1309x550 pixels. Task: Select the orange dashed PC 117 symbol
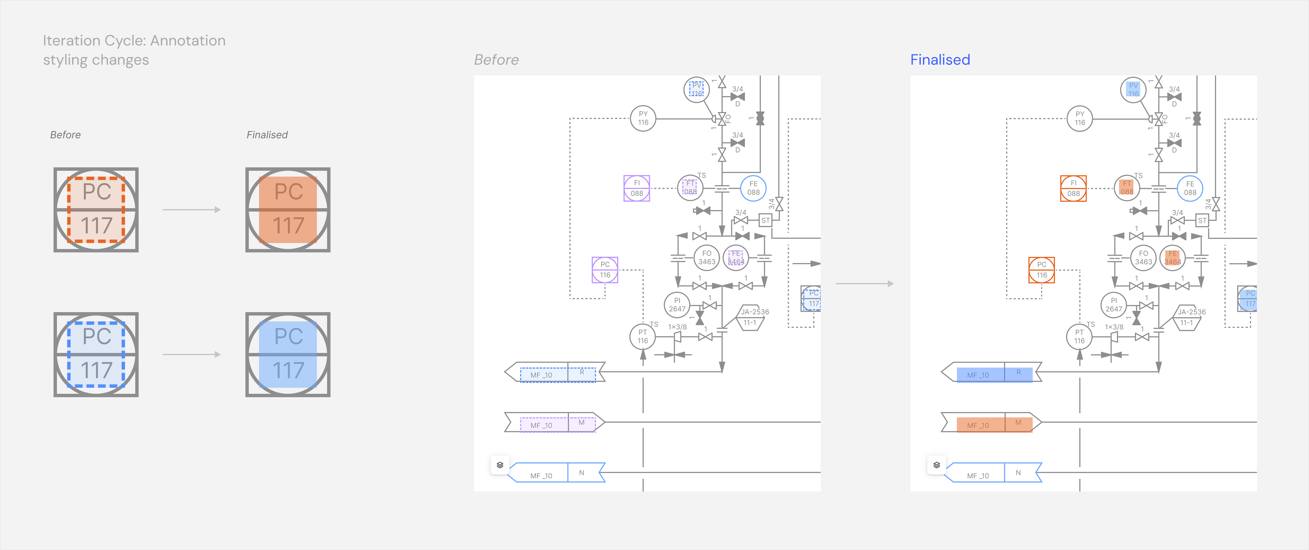pos(96,210)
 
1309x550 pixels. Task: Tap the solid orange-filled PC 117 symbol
pos(287,210)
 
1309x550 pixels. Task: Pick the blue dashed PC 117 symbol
pos(96,354)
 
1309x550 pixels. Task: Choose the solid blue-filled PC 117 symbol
pos(287,354)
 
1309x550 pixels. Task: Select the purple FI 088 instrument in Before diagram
pos(637,188)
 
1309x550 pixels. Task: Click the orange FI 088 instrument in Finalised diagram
pos(1073,188)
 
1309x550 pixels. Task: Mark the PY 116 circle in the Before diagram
pos(643,118)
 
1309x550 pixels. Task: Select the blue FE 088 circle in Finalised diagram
pos(1190,188)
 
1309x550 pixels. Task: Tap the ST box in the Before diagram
pos(765,221)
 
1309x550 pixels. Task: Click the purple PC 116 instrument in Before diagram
pos(605,270)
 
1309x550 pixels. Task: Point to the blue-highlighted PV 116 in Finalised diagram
pos(1133,89)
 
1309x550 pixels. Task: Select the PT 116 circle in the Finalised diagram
pos(1079,337)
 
